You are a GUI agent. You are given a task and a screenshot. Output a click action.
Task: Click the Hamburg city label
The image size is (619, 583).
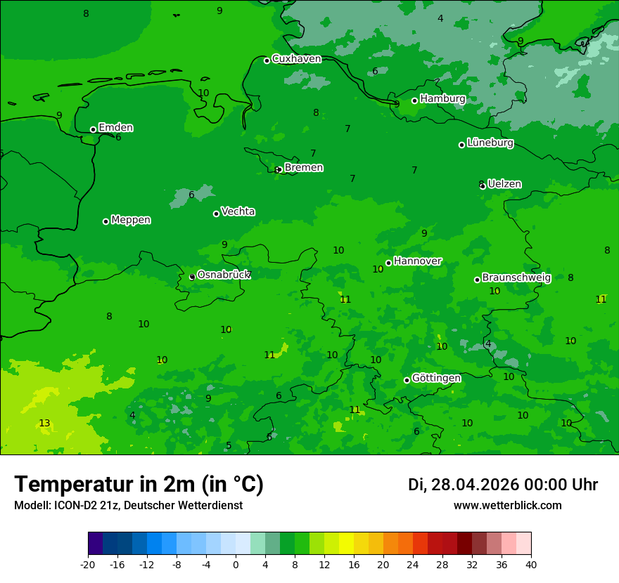click(x=442, y=99)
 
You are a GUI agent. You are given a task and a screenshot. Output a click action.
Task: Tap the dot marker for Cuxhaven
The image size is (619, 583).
click(x=267, y=60)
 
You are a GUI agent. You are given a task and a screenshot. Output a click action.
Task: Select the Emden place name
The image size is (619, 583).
click(x=115, y=128)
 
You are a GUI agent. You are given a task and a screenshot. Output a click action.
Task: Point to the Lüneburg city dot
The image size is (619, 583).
click(x=462, y=145)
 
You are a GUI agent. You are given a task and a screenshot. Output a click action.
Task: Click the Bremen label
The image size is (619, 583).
click(x=303, y=168)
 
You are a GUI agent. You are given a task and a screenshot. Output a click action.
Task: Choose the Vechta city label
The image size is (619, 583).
click(x=238, y=211)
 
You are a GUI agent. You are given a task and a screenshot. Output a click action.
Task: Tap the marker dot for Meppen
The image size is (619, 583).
click(x=106, y=221)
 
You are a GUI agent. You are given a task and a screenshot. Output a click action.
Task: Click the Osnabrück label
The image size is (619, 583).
click(x=223, y=275)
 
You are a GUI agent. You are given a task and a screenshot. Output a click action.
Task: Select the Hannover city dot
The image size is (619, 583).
click(x=388, y=263)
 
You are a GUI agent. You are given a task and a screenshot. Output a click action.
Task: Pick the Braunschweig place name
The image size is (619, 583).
click(x=516, y=278)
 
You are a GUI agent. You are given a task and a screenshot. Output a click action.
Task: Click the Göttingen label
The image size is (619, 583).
click(x=436, y=378)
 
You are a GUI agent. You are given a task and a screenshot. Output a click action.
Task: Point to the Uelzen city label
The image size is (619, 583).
click(x=504, y=184)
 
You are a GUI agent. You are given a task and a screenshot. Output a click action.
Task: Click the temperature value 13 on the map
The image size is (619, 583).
click(x=44, y=423)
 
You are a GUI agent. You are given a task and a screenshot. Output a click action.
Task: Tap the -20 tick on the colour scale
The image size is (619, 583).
click(x=88, y=564)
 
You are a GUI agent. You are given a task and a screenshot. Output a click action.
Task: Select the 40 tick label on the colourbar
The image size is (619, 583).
click(x=531, y=564)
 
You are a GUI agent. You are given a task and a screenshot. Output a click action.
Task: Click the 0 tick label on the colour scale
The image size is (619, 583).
click(x=236, y=564)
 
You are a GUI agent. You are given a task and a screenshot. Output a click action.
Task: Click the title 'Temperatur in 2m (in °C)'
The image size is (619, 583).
click(x=139, y=484)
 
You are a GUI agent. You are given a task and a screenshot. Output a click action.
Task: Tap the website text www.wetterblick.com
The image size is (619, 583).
click(x=507, y=505)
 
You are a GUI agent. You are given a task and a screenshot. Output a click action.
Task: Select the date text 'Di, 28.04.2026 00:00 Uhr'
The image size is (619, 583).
click(x=502, y=485)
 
